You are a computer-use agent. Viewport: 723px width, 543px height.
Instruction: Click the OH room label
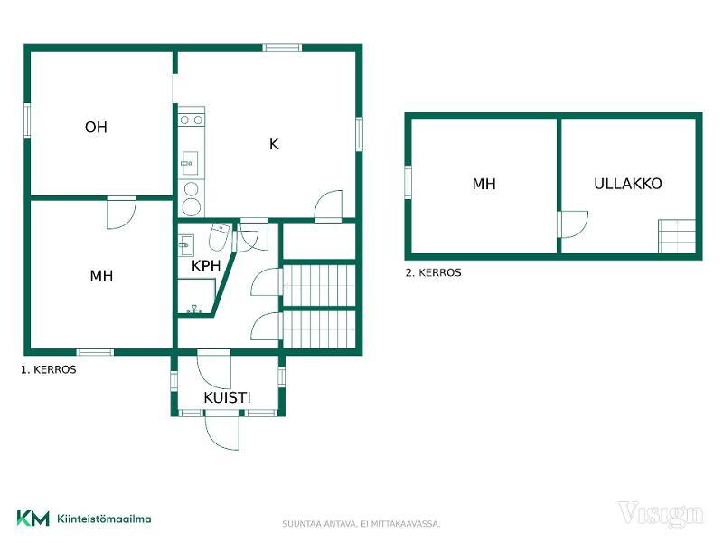pos(96,127)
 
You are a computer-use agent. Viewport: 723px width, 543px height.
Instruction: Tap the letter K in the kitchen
pos(274,144)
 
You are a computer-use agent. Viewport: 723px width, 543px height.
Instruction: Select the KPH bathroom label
pos(206,266)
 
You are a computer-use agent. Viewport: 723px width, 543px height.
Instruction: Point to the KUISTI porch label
pos(227,397)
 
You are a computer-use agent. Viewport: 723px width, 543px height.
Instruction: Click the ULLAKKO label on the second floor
pos(628,184)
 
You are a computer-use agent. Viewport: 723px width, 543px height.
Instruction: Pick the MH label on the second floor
pos(484,184)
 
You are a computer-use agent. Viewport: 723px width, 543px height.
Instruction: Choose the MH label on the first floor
pos(101,276)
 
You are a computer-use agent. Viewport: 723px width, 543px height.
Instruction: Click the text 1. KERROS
pos(49,369)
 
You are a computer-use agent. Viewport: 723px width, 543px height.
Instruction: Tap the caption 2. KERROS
pos(434,272)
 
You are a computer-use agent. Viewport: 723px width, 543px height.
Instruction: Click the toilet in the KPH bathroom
pos(220,236)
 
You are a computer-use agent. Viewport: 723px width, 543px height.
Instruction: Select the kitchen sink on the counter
pos(190,163)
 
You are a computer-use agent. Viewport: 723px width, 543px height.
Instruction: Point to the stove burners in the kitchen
pos(192,120)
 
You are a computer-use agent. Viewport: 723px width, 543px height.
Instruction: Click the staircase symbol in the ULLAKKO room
pos(676,236)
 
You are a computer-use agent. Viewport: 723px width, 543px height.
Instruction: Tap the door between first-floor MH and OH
pos(121,213)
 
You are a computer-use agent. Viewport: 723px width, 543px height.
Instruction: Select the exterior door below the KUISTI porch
pos(222,432)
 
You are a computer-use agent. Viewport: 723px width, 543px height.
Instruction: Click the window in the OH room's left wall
pos(27,120)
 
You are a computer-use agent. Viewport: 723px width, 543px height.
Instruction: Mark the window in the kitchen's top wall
pos(282,47)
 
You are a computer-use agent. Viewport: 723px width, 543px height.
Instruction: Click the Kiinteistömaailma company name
pos(104,519)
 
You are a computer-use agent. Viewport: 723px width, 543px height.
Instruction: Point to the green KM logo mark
pos(33,518)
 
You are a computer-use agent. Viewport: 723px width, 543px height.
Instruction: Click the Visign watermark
pos(661,514)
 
